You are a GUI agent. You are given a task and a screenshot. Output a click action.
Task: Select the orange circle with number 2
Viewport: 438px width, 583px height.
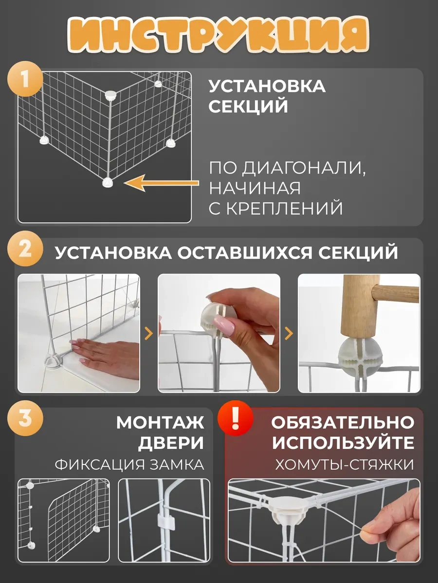[x=25, y=249]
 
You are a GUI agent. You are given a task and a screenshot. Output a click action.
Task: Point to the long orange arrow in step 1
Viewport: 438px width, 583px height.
[x=162, y=183]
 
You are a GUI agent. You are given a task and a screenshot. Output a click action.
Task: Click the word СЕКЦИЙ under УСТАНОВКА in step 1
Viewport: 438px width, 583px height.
[x=248, y=106]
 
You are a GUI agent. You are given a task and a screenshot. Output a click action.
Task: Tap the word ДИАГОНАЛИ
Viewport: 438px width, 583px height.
[x=303, y=169]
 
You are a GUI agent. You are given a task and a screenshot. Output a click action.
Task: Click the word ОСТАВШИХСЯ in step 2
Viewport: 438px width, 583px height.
[x=244, y=253]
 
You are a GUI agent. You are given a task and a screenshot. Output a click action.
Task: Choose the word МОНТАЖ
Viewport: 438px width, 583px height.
[x=160, y=422]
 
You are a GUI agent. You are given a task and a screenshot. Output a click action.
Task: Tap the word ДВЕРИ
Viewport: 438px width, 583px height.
[x=171, y=443]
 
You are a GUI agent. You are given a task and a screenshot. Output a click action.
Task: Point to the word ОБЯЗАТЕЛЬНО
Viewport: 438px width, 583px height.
[x=343, y=422]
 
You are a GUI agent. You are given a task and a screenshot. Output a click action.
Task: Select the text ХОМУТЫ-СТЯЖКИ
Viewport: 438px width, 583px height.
[x=345, y=465]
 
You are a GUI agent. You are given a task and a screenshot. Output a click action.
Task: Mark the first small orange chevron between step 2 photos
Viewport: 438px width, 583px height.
[x=148, y=333]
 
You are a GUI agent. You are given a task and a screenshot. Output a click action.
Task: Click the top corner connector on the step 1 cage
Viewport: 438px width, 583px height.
[x=110, y=95]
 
